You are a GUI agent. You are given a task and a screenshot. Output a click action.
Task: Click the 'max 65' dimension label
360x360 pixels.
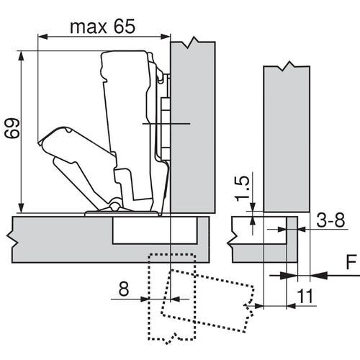pyautogui.click(x=102, y=27)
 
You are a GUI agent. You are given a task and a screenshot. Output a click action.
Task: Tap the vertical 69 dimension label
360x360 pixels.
pyautogui.click(x=12, y=128)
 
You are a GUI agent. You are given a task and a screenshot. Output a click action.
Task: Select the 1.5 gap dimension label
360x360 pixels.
pyautogui.click(x=242, y=189)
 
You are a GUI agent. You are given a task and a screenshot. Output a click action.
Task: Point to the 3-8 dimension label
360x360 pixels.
pyautogui.click(x=330, y=220)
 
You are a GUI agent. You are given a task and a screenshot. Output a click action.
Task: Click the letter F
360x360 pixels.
pyautogui.click(x=351, y=262)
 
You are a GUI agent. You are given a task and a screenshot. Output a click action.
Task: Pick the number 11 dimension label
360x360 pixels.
pyautogui.click(x=305, y=296)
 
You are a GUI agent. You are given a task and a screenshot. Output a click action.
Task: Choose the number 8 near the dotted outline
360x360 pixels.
pyautogui.click(x=124, y=289)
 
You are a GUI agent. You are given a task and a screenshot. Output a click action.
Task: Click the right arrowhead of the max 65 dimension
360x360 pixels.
pyautogui.click(x=165, y=37)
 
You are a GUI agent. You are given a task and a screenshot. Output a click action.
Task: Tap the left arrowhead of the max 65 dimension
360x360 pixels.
pyautogui.click(x=43, y=37)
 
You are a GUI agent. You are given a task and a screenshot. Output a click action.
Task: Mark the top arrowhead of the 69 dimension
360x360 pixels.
pyautogui.click(x=21, y=56)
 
